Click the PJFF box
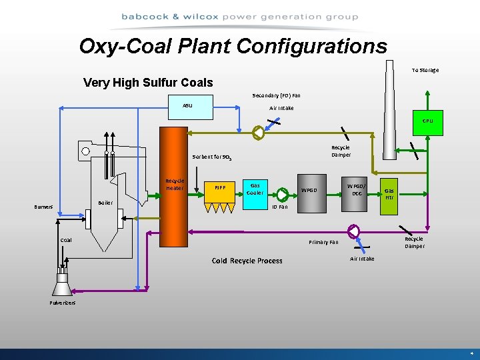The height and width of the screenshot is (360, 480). click(219, 189)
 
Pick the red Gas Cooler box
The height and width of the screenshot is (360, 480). click(255, 189)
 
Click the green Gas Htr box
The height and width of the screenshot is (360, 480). click(389, 194)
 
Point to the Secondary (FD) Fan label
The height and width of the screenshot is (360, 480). click(276, 95)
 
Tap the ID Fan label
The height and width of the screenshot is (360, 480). click(279, 207)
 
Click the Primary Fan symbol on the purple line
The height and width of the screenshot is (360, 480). click(353, 231)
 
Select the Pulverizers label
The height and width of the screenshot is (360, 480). click(63, 303)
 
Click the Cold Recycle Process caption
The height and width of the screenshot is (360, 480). click(247, 261)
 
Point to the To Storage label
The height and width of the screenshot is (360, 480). click(425, 70)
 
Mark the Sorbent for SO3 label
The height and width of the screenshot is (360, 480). click(211, 158)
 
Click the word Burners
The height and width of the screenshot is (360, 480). click(44, 207)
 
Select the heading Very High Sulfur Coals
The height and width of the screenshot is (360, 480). click(148, 83)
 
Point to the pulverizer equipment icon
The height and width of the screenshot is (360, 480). click(62, 283)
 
